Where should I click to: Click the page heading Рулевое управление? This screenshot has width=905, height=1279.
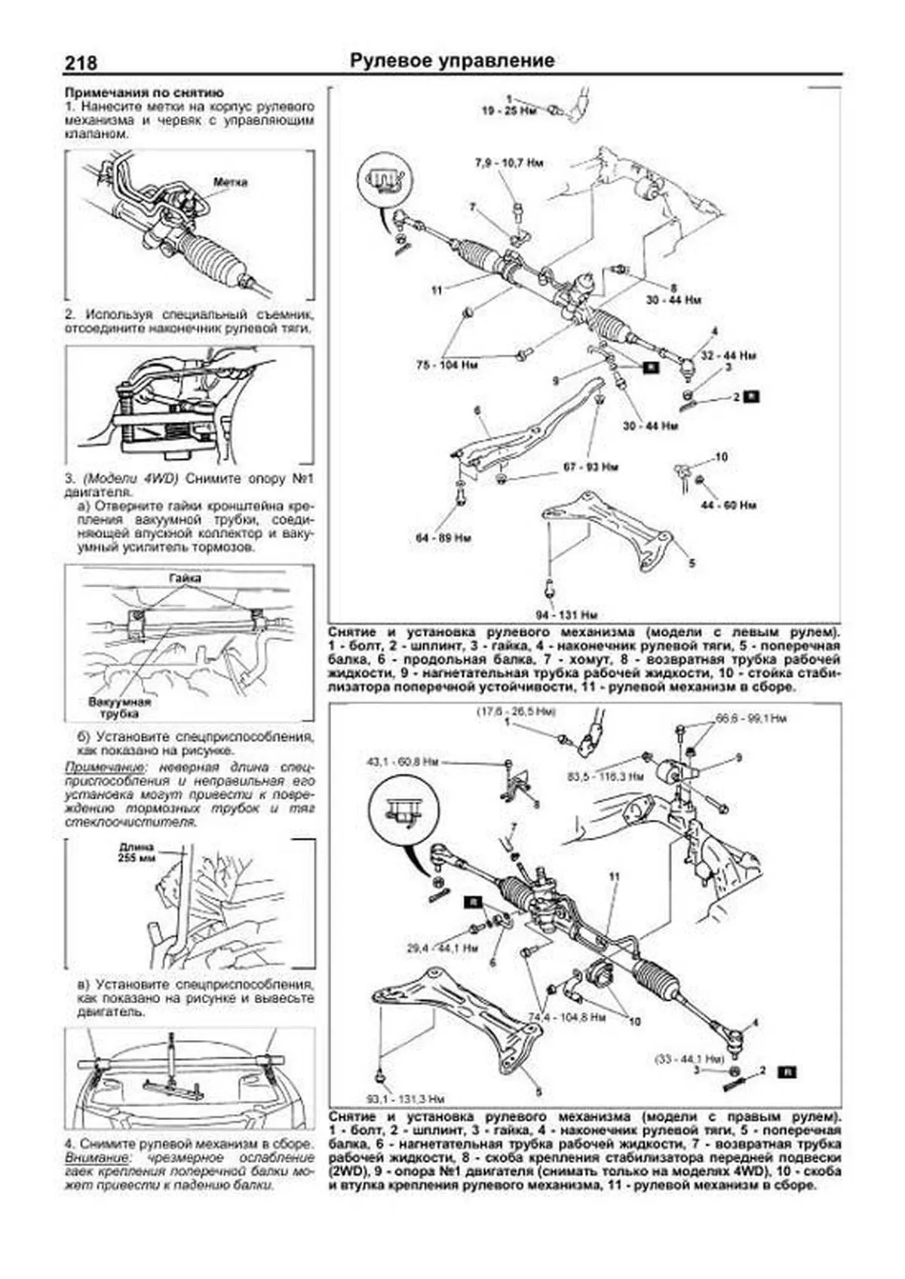(452, 61)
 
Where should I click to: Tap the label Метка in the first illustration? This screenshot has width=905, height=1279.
(230, 182)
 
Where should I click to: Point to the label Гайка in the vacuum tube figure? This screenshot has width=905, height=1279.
(185, 578)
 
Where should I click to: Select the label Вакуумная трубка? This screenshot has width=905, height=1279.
(114, 707)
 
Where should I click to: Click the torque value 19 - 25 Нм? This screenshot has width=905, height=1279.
(510, 110)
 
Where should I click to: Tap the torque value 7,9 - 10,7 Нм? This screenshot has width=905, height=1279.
(508, 163)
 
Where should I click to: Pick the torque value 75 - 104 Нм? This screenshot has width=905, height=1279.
(448, 366)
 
